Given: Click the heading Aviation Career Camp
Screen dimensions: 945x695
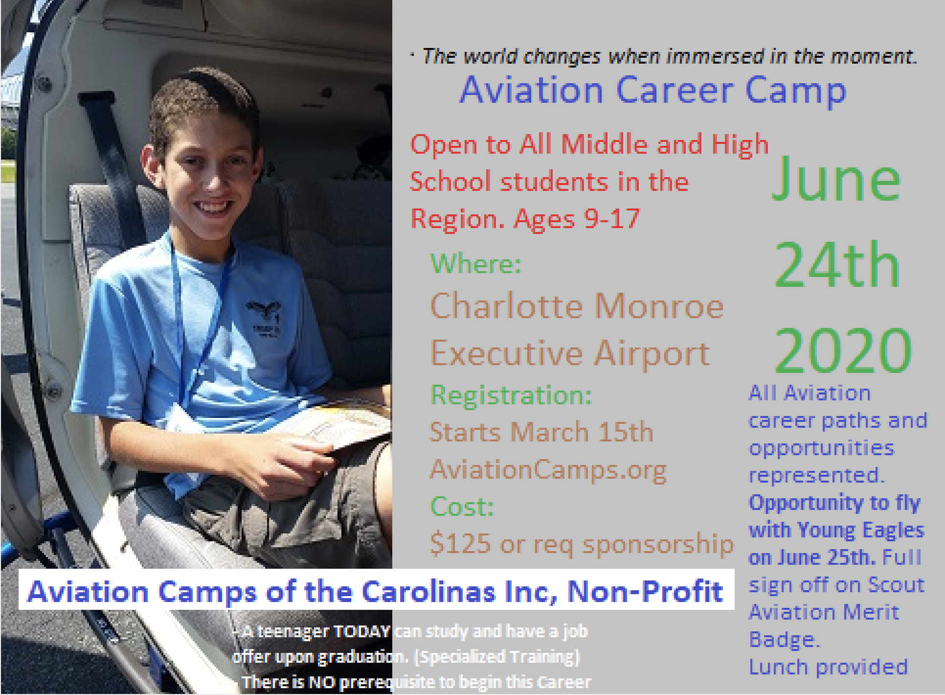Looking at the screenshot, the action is pyautogui.click(x=652, y=91).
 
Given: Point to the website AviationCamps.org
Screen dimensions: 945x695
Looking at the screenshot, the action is pyautogui.click(x=548, y=470).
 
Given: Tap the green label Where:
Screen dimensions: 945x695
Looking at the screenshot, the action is pyautogui.click(x=475, y=264).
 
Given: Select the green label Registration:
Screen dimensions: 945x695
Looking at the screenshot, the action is pyautogui.click(x=511, y=395).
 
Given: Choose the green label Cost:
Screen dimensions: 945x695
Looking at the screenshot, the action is pyautogui.click(x=462, y=506).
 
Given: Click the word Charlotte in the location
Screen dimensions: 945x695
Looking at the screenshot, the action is pyautogui.click(x=507, y=307).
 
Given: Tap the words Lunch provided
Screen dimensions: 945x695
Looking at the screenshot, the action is pyautogui.click(x=828, y=667).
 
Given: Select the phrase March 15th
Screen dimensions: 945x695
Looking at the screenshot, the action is pyautogui.click(x=582, y=432).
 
